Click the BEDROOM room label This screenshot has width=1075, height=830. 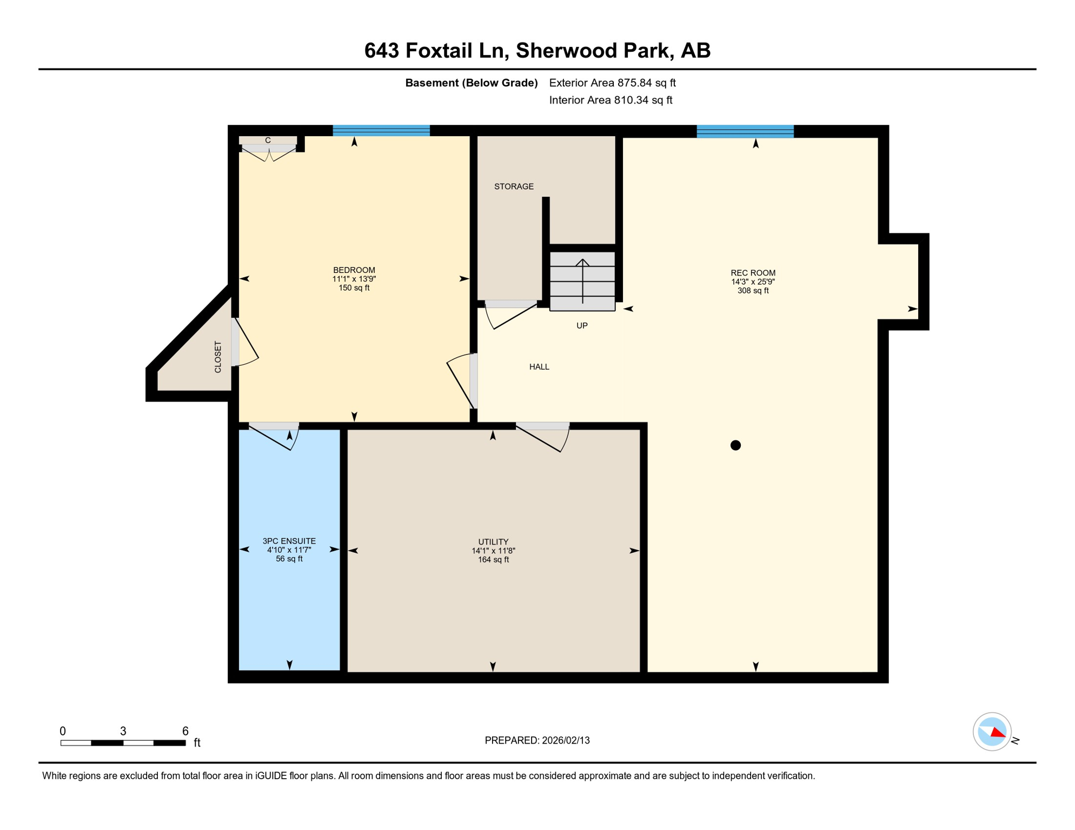[x=354, y=270]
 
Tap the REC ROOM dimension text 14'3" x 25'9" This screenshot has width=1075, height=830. [x=753, y=282]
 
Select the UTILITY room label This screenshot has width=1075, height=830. [x=493, y=541]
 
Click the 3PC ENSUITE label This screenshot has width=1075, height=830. [x=289, y=541]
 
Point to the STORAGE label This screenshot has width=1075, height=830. [x=514, y=186]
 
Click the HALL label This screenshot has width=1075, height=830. [x=539, y=367]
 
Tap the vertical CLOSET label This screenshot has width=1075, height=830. [x=218, y=357]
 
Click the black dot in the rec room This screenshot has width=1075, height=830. [x=735, y=445]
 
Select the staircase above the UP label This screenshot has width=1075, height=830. [x=582, y=281]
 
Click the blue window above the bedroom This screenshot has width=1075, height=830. [x=381, y=130]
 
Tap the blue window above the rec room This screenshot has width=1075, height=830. [x=745, y=131]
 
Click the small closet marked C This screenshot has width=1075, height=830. [x=268, y=140]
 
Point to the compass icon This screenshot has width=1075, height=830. [x=992, y=732]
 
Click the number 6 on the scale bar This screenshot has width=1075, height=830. [x=185, y=731]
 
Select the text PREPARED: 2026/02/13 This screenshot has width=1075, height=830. [x=537, y=740]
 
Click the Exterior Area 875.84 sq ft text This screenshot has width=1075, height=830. [x=612, y=83]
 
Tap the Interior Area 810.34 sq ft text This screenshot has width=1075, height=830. [x=611, y=100]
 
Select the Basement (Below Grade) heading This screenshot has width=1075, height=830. [x=471, y=83]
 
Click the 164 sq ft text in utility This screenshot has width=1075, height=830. [x=493, y=560]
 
